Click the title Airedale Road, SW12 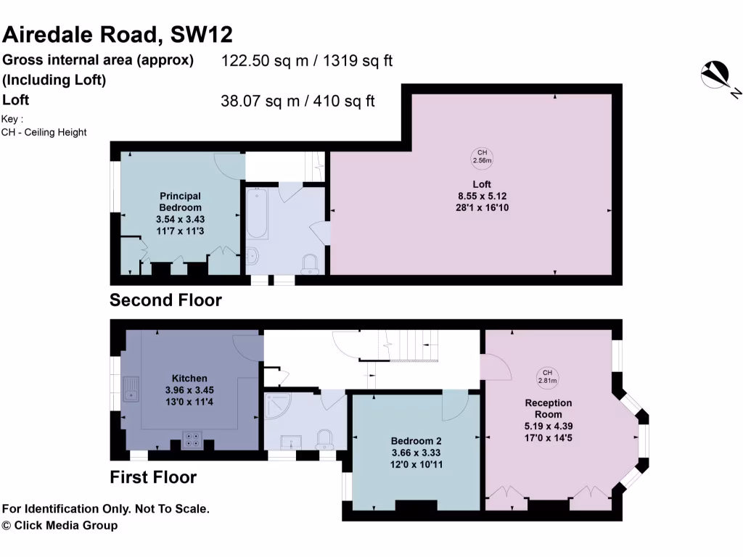pyautogui.click(x=118, y=34)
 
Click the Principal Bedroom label pyautogui.click(x=180, y=201)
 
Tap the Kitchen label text pyautogui.click(x=189, y=378)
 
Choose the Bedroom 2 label pyautogui.click(x=416, y=441)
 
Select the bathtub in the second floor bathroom pyautogui.click(x=257, y=213)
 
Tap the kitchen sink pyautogui.click(x=131, y=389)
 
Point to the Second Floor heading pyautogui.click(x=165, y=300)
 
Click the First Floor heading pyautogui.click(x=153, y=477)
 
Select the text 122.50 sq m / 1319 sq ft pyautogui.click(x=306, y=61)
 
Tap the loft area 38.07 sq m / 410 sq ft pyautogui.click(x=297, y=101)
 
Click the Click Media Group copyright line pyautogui.click(x=59, y=525)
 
